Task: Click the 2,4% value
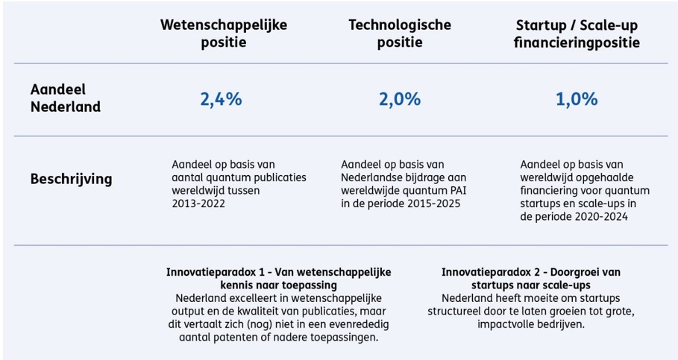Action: coord(221,99)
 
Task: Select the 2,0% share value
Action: coord(399,99)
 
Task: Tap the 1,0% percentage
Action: coord(577,99)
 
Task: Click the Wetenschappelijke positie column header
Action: coord(224,34)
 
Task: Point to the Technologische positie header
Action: coord(400,34)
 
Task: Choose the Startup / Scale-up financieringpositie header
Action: coord(577,34)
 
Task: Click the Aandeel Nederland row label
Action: coord(65,98)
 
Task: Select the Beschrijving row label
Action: coord(71,179)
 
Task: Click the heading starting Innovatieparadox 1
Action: coord(278,277)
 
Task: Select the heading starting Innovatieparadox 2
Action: coord(530,277)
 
